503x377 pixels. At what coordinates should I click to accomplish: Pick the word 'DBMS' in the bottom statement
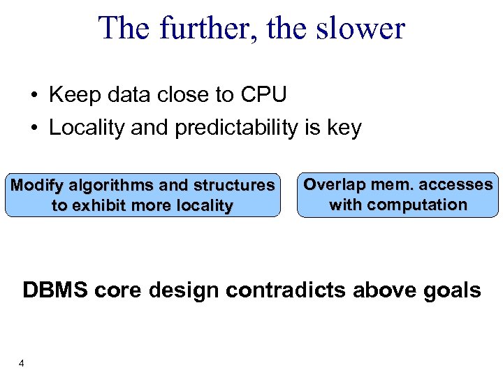(54, 290)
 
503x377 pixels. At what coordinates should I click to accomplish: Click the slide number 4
(22, 363)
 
